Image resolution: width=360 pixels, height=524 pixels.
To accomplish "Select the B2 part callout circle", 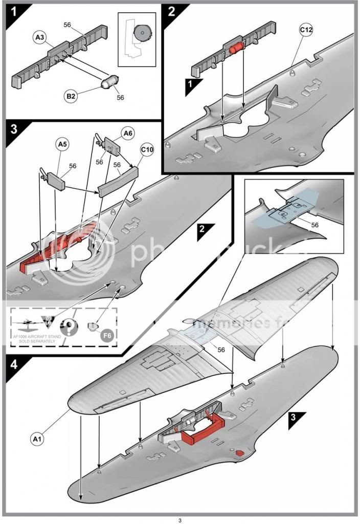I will (71, 96).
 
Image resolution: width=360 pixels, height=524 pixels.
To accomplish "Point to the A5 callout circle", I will (62, 145).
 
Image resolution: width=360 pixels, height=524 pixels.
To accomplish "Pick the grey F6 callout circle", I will (107, 335).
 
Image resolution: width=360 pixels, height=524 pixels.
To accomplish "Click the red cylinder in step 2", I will (237, 50).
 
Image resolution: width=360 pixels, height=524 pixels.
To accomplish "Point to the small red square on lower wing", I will (238, 453).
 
